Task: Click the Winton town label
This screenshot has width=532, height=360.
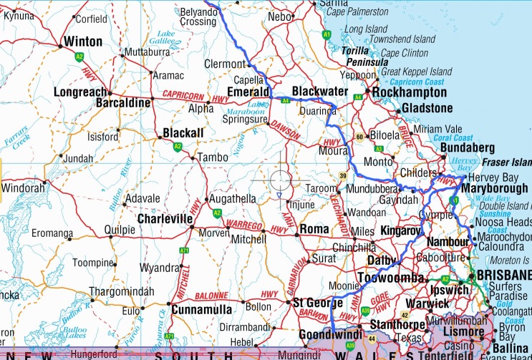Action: point(83,42)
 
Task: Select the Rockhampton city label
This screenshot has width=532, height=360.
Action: point(410,93)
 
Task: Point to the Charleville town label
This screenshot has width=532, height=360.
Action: point(165,218)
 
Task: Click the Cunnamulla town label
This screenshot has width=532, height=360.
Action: point(203,310)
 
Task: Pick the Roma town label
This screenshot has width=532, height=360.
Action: point(314,229)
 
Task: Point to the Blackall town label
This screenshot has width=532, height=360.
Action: point(183,133)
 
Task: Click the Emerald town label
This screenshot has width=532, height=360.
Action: point(247,92)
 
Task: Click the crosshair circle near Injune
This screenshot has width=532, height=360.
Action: point(280,180)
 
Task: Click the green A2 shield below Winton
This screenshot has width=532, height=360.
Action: point(79,56)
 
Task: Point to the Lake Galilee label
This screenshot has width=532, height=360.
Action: point(167,38)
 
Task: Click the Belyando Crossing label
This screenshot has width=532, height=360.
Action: point(188,16)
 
